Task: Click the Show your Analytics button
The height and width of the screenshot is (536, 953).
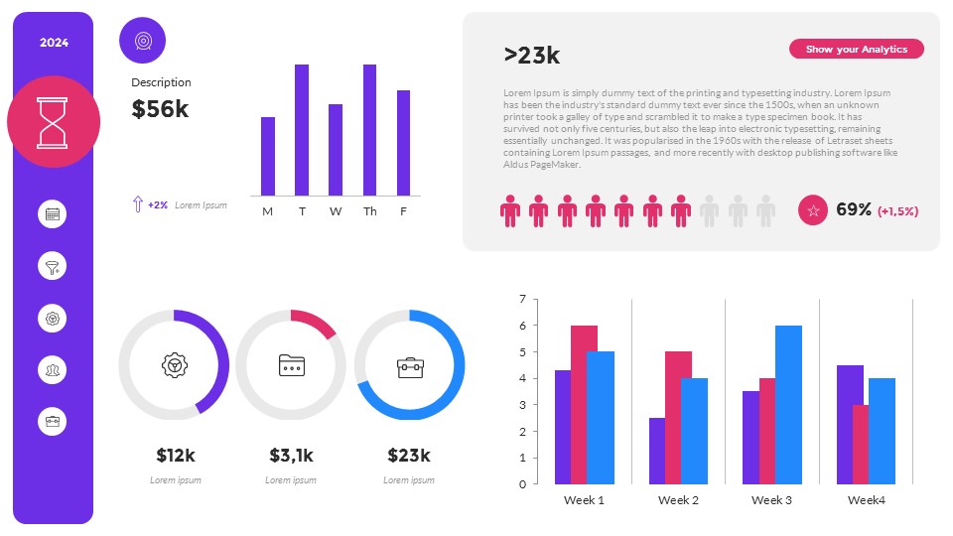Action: (856, 49)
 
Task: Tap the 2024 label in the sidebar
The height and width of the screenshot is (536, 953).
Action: (54, 43)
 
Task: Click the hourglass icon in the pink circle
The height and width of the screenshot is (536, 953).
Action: (54, 121)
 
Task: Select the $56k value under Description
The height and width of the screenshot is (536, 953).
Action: (160, 109)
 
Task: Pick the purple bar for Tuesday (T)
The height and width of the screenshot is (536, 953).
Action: (302, 130)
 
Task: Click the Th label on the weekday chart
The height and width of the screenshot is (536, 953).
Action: (369, 211)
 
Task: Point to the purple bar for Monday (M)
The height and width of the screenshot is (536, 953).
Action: (268, 156)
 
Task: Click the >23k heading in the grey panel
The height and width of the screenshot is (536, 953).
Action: (532, 56)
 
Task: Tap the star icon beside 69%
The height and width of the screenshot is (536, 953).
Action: (813, 210)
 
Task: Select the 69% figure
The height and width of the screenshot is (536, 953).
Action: (854, 210)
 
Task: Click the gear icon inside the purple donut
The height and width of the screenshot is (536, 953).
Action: (174, 365)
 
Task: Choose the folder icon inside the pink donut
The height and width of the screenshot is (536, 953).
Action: (291, 365)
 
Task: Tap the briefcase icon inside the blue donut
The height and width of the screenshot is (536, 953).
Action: (409, 366)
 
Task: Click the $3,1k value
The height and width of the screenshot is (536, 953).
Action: (291, 456)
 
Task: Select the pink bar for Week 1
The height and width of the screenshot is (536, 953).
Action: (584, 405)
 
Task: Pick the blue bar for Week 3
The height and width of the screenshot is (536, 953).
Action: (788, 405)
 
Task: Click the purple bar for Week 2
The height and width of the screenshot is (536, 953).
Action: (657, 451)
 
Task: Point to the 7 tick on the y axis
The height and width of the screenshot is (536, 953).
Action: (521, 299)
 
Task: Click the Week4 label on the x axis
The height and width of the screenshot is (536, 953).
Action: (866, 500)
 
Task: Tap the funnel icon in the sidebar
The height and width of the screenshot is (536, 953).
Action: (53, 266)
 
